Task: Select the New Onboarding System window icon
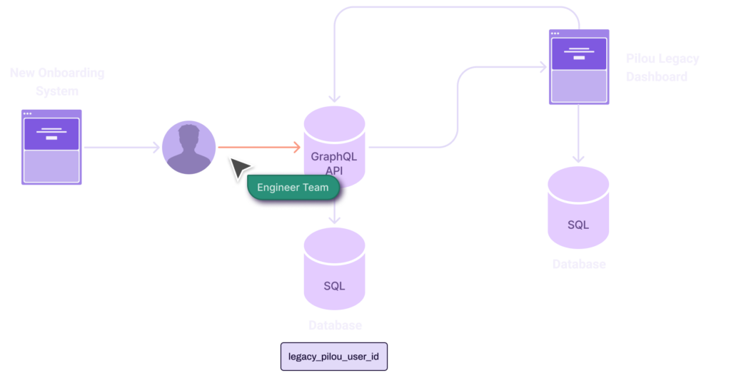click(x=51, y=147)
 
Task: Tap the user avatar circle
click(x=188, y=148)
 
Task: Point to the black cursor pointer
click(x=238, y=169)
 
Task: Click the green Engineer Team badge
click(x=293, y=188)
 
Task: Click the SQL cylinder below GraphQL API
click(x=334, y=270)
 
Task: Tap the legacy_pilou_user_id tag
click(x=334, y=355)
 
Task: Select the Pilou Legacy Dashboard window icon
click(x=578, y=68)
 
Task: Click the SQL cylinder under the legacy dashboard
click(x=578, y=208)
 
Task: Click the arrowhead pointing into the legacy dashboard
click(x=543, y=66)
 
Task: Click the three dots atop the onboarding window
click(x=27, y=113)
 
